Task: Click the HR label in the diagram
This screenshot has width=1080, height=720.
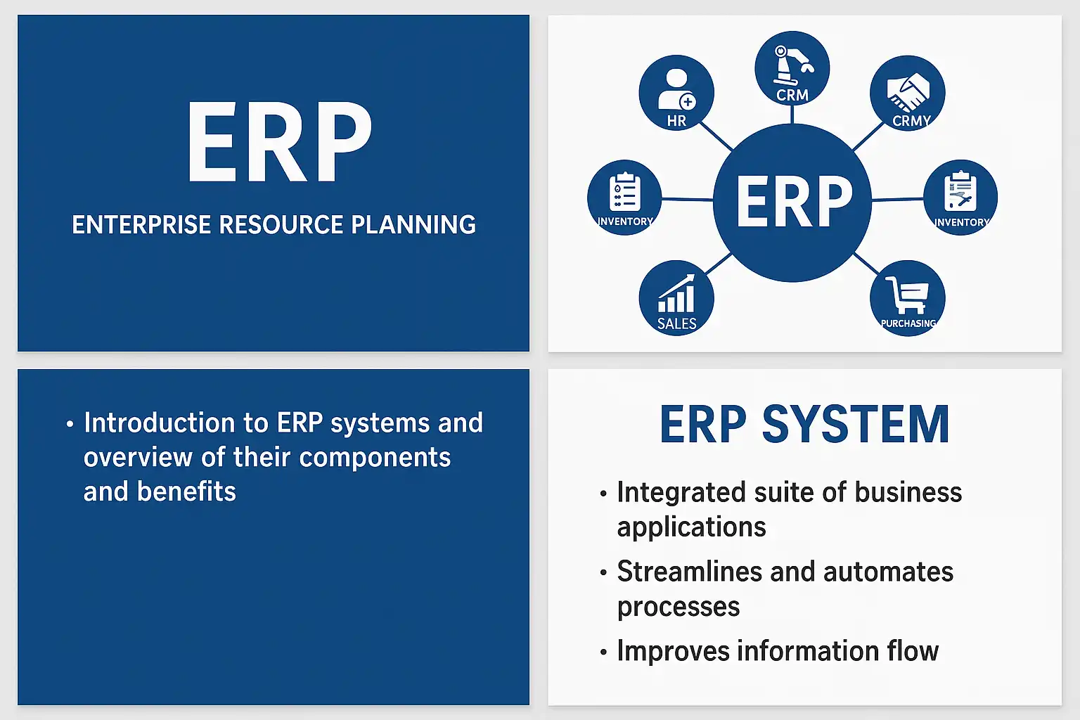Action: point(676,120)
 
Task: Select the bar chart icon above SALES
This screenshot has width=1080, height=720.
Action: point(676,293)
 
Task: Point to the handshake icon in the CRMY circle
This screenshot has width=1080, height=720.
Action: point(908,93)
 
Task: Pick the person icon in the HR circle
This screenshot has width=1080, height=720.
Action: point(676,90)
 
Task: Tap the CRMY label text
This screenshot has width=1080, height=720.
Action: point(911,120)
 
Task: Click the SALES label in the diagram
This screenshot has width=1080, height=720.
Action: point(676,323)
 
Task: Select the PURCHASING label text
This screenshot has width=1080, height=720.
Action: point(908,323)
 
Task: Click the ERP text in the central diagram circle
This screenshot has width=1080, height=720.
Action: point(794,201)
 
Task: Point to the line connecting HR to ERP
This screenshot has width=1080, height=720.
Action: point(716,136)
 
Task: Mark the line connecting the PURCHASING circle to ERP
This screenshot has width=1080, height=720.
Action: point(866,264)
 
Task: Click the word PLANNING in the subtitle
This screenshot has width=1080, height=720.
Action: point(413,225)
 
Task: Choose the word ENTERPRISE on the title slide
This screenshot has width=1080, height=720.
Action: point(141,225)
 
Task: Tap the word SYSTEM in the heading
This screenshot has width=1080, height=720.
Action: point(856,425)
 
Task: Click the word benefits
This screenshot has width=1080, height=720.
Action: point(186,491)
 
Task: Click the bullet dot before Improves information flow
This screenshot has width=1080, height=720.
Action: point(603,652)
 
